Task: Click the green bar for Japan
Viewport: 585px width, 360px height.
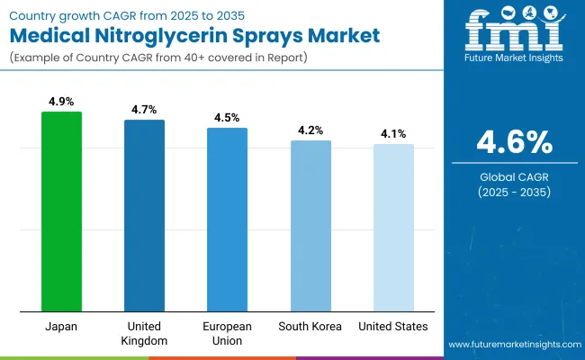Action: tap(61, 211)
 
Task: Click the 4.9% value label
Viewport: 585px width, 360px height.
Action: tap(61, 103)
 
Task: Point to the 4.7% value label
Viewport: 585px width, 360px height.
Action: tap(144, 110)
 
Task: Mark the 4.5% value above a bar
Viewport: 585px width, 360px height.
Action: tap(227, 118)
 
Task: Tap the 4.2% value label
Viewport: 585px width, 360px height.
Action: tap(310, 130)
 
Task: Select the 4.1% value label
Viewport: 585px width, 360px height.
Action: tap(393, 134)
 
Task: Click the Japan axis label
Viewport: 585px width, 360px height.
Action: tap(61, 326)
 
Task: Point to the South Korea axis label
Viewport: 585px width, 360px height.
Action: tap(310, 326)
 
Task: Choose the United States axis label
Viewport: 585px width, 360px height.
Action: tap(393, 326)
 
